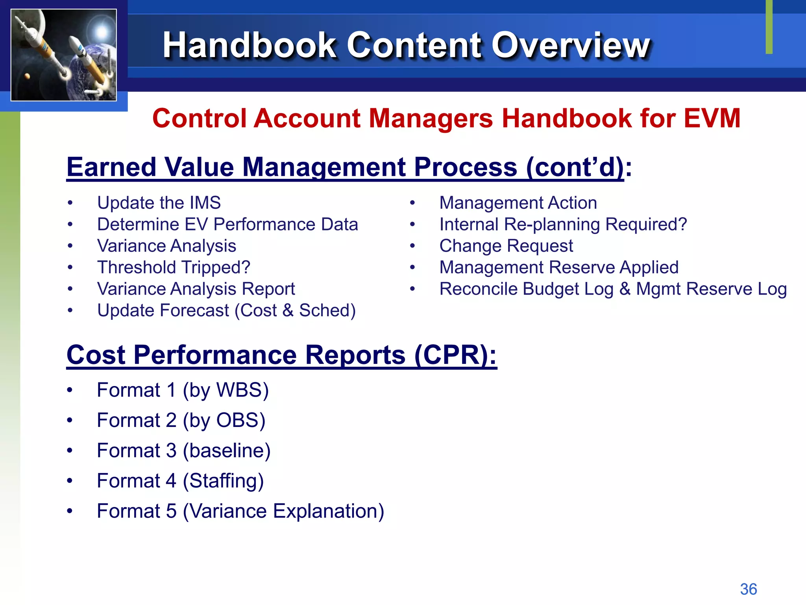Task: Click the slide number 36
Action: (748, 589)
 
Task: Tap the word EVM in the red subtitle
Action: (712, 118)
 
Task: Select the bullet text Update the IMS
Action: (159, 203)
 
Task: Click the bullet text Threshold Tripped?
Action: (174, 267)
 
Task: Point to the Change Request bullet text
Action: (506, 246)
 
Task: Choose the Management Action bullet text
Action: (518, 203)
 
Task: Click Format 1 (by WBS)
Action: (183, 390)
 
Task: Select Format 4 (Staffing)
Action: (180, 481)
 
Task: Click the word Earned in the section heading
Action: (112, 167)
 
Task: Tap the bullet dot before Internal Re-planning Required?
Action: (412, 225)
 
